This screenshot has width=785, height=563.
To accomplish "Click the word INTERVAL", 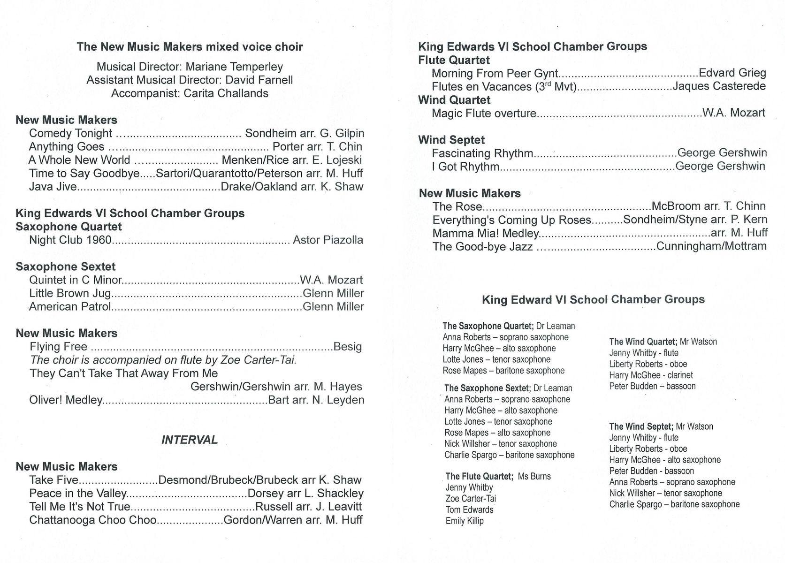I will [x=190, y=440].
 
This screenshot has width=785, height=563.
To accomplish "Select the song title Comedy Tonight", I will [x=70, y=134].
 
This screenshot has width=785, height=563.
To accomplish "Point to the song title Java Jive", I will [x=53, y=187].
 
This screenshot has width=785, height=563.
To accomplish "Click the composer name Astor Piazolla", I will [x=328, y=240].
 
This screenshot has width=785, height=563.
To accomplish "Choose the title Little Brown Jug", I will [x=70, y=294].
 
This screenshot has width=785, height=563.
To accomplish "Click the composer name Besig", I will [x=347, y=347].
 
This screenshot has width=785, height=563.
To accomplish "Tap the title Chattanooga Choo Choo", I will [x=93, y=520].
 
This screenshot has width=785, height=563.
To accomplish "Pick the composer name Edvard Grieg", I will [x=732, y=73].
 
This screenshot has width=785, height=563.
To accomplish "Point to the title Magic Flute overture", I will [x=484, y=114].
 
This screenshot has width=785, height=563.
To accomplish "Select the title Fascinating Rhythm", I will [x=482, y=153].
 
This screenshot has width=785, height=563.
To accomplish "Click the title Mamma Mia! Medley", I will [x=486, y=233].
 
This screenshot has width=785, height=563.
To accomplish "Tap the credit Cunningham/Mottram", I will [x=711, y=246].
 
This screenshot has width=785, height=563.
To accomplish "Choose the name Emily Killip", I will [x=465, y=521].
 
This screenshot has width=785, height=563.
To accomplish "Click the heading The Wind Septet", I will [x=641, y=426].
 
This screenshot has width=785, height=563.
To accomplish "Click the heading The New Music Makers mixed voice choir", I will [x=190, y=47].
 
